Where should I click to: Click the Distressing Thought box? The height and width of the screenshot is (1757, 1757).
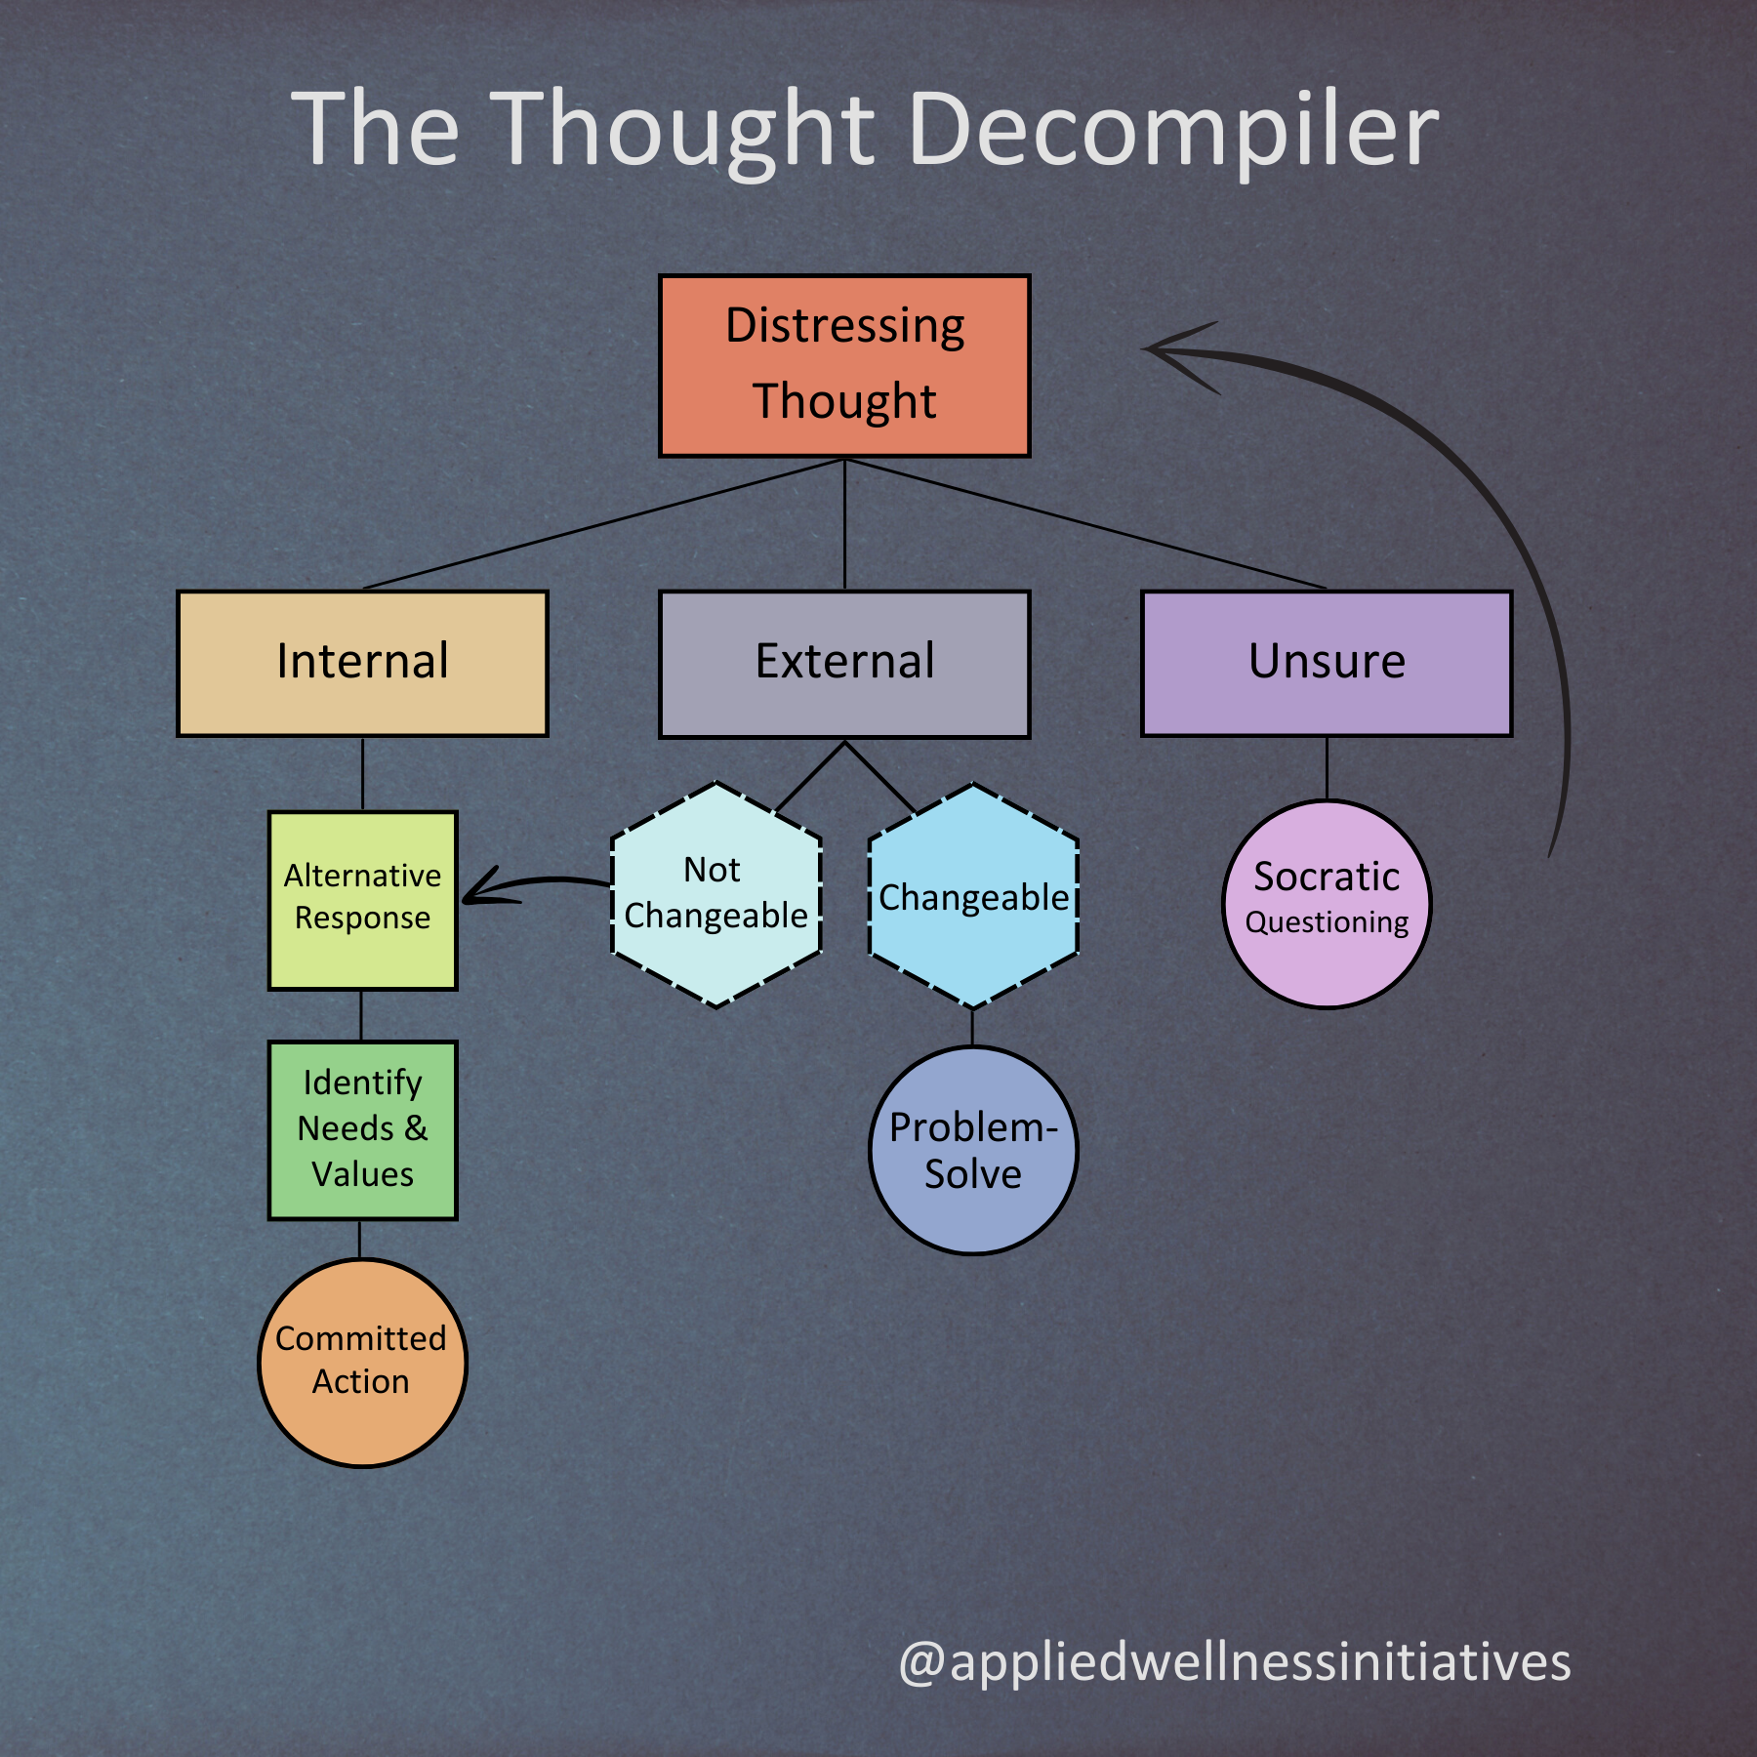pos(844,365)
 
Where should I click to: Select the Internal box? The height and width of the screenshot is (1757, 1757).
pos(362,663)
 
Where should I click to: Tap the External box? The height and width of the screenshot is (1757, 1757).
pos(844,663)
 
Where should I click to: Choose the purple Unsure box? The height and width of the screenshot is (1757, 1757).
pos(1327,663)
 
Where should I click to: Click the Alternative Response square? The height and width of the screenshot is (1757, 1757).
pos(362,900)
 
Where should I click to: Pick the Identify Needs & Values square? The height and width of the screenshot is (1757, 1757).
pos(362,1129)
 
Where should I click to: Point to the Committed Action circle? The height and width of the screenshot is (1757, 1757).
pos(362,1362)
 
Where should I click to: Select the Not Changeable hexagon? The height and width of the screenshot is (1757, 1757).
pos(715,894)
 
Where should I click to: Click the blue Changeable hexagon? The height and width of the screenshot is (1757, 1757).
pos(973,895)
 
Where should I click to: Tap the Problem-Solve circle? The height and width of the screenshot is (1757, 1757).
pos(973,1150)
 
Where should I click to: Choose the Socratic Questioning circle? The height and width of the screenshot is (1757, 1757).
pos(1327,903)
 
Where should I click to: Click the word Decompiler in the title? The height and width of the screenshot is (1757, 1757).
pos(1173,130)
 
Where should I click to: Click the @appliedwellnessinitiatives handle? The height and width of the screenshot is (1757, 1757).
pos(1235,1661)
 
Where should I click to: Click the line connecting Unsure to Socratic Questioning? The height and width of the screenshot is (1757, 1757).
pos(1327,768)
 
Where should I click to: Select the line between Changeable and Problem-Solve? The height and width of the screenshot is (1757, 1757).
pos(972,1027)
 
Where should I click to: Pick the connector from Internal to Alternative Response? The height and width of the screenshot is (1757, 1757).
pos(362,773)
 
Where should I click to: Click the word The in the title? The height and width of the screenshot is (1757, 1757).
pos(376,130)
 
